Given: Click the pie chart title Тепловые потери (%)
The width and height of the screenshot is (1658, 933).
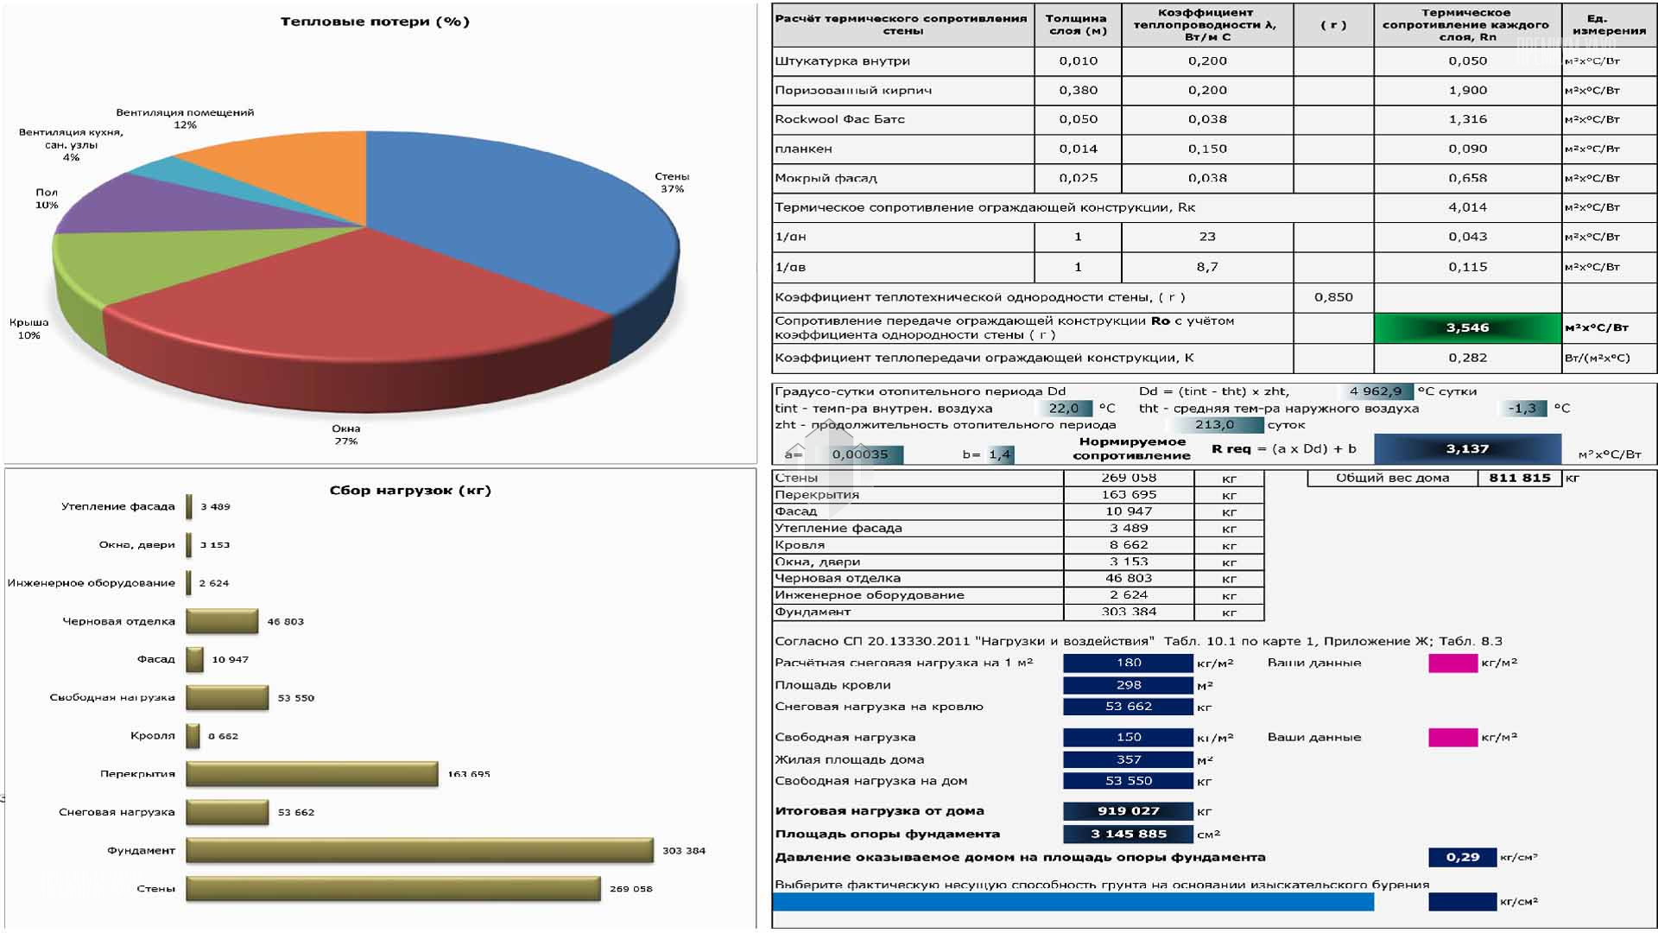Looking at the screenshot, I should (375, 22).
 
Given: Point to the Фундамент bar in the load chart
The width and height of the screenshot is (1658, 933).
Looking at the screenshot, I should (419, 850).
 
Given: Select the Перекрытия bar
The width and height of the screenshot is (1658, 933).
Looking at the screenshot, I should (312, 774).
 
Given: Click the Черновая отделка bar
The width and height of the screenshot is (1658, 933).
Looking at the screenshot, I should (222, 621).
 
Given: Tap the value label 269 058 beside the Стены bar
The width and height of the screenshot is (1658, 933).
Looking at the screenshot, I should (630, 888).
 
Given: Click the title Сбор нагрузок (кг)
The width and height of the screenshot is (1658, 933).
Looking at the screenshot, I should (410, 490).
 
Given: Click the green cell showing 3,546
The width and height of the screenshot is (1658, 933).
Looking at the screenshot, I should (1467, 327).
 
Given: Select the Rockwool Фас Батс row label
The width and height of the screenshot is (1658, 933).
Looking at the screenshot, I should (839, 119).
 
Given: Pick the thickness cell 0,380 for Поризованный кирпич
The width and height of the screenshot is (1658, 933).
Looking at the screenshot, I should (1078, 90).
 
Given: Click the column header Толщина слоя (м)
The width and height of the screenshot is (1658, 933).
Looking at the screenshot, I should (1076, 24).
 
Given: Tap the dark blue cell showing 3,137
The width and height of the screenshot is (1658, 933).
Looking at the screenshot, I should (1467, 448).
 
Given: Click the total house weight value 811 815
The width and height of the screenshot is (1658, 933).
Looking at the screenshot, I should (1519, 478).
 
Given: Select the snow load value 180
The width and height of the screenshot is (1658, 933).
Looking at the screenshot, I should (1128, 663).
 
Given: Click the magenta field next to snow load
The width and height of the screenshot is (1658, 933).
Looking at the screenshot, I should (1452, 663).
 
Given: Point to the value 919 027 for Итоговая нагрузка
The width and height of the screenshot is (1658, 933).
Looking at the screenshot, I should (1128, 810).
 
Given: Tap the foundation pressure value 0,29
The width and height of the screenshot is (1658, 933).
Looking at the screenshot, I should (1462, 857).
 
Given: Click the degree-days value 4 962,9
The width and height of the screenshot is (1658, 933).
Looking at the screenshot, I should (1375, 391).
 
